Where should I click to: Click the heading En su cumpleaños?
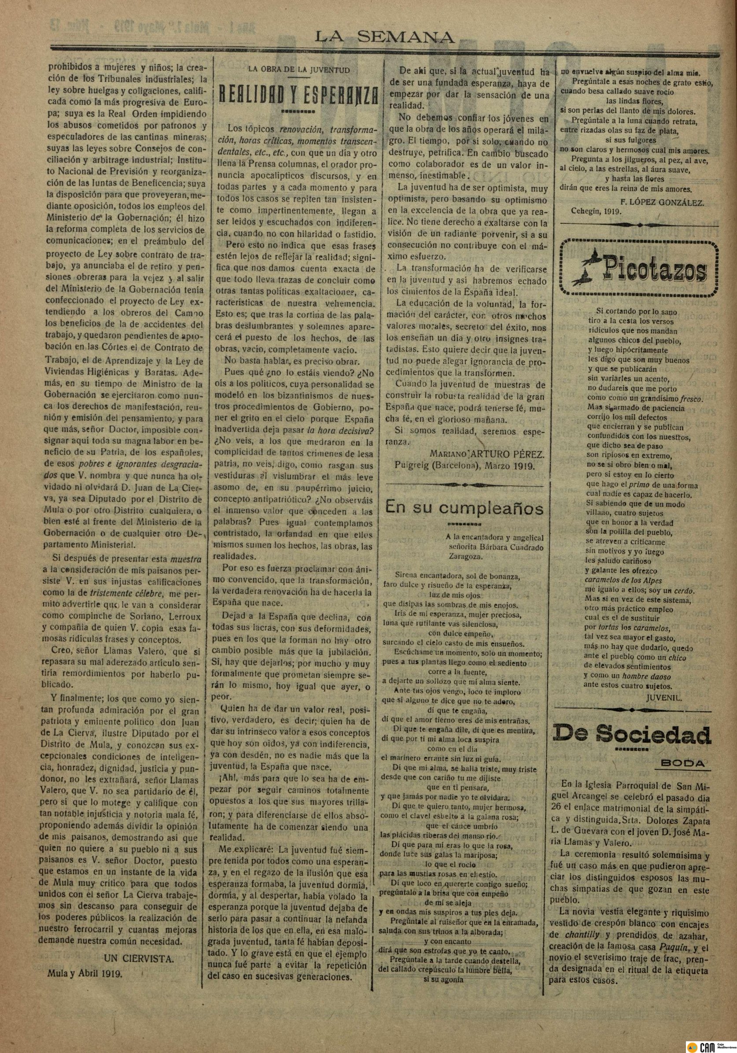pos(464,507)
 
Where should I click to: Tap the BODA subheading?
pos(683,763)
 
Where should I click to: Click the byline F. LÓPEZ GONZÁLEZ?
pos(662,203)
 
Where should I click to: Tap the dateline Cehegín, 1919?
pos(596,212)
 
